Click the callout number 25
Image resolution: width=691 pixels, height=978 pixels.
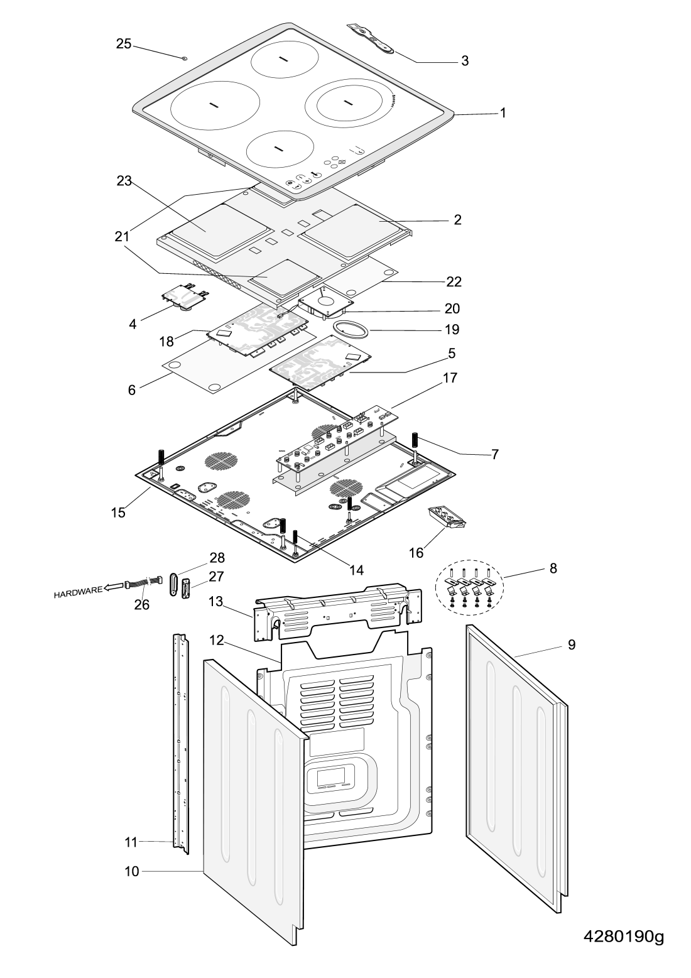click(x=124, y=44)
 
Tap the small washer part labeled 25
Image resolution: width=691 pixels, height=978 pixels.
click(x=185, y=58)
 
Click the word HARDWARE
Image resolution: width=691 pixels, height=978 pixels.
click(x=78, y=592)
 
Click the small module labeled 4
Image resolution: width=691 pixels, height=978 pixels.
click(x=185, y=296)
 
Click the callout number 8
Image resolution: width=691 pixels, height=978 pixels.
click(x=553, y=569)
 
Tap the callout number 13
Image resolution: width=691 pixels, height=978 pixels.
click(x=215, y=601)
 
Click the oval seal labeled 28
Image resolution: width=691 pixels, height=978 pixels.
click(x=172, y=585)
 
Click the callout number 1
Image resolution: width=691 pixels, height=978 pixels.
click(x=503, y=113)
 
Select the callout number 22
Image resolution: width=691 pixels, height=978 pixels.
click(x=454, y=281)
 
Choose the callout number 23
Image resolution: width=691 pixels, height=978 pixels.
click(x=124, y=181)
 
